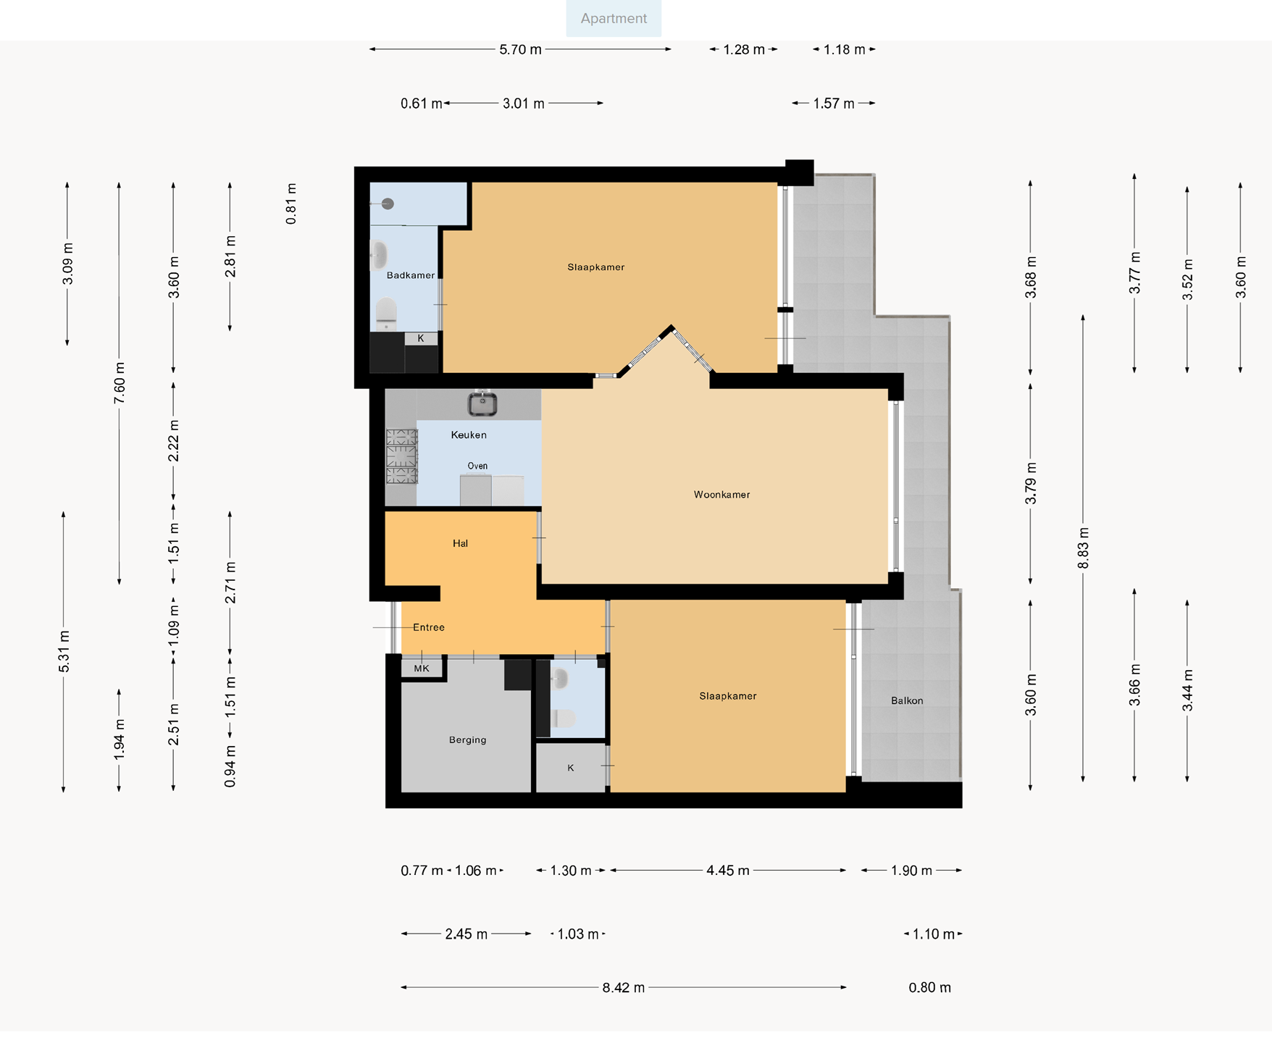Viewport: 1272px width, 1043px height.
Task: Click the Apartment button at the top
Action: (x=614, y=18)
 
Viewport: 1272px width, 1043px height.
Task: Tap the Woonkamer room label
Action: (x=721, y=495)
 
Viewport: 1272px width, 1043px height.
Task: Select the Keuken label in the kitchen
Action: (x=469, y=435)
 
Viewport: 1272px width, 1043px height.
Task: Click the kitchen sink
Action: (x=482, y=403)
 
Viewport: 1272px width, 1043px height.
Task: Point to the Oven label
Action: (x=477, y=466)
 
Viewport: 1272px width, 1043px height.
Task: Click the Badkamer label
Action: (x=411, y=275)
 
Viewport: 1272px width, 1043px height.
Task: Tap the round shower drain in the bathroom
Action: (x=388, y=204)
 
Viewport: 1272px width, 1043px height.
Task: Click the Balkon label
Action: (x=907, y=700)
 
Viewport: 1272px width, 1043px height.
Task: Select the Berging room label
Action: (x=467, y=740)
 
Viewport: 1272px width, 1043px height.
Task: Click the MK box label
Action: (x=422, y=669)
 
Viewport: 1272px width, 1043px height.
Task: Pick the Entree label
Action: (x=429, y=627)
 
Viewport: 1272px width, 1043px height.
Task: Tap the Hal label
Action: (x=460, y=543)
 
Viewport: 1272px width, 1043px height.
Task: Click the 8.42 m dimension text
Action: (x=624, y=987)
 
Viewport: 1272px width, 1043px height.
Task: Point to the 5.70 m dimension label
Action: (x=520, y=49)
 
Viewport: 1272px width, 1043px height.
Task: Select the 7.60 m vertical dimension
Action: (x=120, y=382)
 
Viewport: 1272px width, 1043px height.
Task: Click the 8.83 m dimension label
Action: (x=1084, y=549)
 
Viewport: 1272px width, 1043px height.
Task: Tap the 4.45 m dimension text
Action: (x=728, y=871)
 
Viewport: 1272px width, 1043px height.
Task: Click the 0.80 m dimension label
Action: (x=930, y=987)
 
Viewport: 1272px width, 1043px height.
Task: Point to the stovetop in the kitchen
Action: (x=401, y=456)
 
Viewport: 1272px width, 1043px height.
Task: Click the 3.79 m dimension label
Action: (x=1031, y=483)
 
